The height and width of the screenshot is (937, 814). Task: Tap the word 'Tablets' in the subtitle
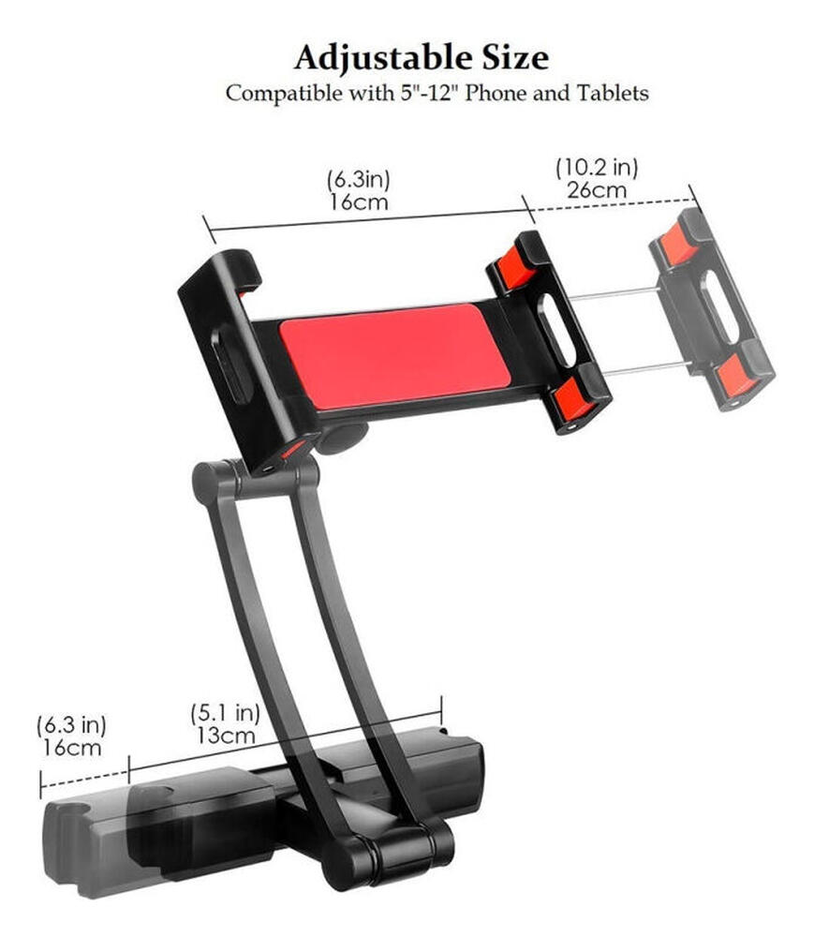(614, 93)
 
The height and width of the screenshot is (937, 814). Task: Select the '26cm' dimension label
(596, 189)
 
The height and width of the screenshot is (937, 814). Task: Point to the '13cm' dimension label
(225, 735)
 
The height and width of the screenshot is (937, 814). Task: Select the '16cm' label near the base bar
(71, 747)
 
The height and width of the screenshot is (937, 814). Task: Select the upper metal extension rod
(614, 293)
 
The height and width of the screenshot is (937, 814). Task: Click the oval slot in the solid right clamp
(557, 334)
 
